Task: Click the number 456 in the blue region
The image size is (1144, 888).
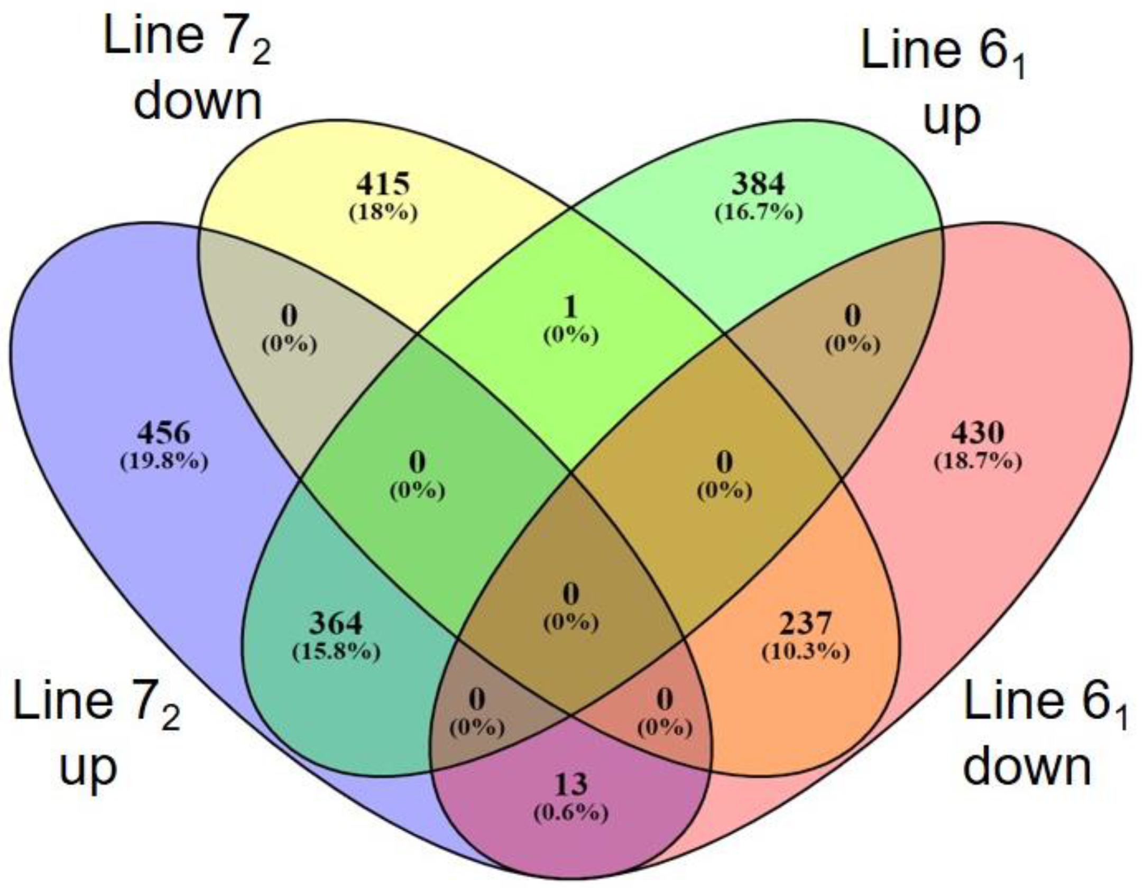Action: [x=164, y=433]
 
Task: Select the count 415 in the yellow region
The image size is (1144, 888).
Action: [x=383, y=185]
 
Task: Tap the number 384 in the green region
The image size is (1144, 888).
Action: [x=759, y=185]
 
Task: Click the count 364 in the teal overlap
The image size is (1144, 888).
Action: [x=336, y=623]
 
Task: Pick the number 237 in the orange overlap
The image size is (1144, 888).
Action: [x=806, y=623]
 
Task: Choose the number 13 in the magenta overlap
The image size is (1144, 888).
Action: [x=571, y=784]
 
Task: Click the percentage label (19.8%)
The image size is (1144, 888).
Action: [x=164, y=462]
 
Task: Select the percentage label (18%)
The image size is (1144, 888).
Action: [x=383, y=213]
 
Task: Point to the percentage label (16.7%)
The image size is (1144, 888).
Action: [x=759, y=213]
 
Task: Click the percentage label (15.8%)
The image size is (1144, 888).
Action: [x=336, y=652]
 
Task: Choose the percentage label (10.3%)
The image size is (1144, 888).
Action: [x=806, y=652]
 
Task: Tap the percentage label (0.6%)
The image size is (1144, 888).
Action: [x=571, y=813]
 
